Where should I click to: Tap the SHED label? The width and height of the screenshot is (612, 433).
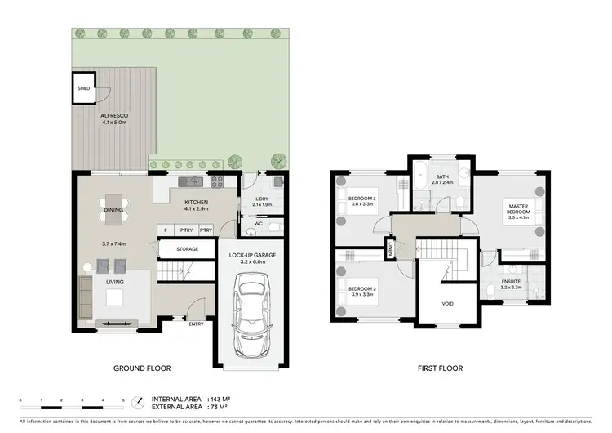tap(82, 88)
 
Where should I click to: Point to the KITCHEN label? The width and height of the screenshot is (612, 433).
tap(196, 202)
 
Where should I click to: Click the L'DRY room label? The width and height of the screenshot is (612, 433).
tap(260, 199)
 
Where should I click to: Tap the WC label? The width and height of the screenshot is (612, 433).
tap(258, 222)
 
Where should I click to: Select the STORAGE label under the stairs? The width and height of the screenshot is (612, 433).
tap(188, 249)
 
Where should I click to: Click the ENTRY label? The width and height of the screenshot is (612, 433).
tap(196, 324)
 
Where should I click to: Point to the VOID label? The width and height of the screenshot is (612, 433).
tap(447, 304)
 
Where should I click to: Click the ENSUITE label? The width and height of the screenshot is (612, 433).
tap(511, 282)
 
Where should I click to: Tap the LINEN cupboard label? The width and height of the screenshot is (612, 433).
tap(391, 248)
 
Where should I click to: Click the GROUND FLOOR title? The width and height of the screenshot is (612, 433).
tap(141, 369)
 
